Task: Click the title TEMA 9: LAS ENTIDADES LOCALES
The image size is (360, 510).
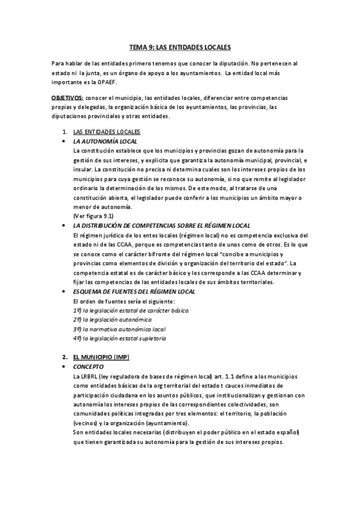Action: (x=180, y=46)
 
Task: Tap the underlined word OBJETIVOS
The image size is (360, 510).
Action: (x=67, y=97)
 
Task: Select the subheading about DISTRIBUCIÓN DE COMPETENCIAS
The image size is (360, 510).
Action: (x=161, y=225)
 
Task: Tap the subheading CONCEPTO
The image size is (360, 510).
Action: (x=88, y=366)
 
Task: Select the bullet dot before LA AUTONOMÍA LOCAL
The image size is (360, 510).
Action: (x=64, y=141)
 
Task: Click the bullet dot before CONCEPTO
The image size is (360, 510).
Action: (x=64, y=366)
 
